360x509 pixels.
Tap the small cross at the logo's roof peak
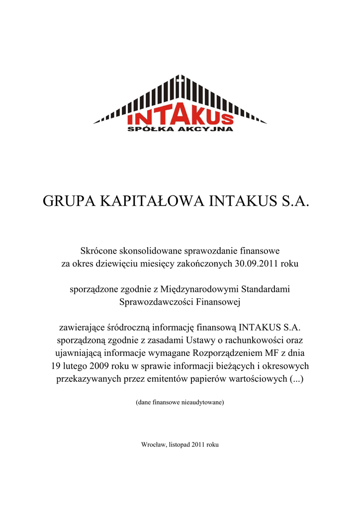180,79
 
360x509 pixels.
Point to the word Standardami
266,289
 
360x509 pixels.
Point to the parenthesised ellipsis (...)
297,379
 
